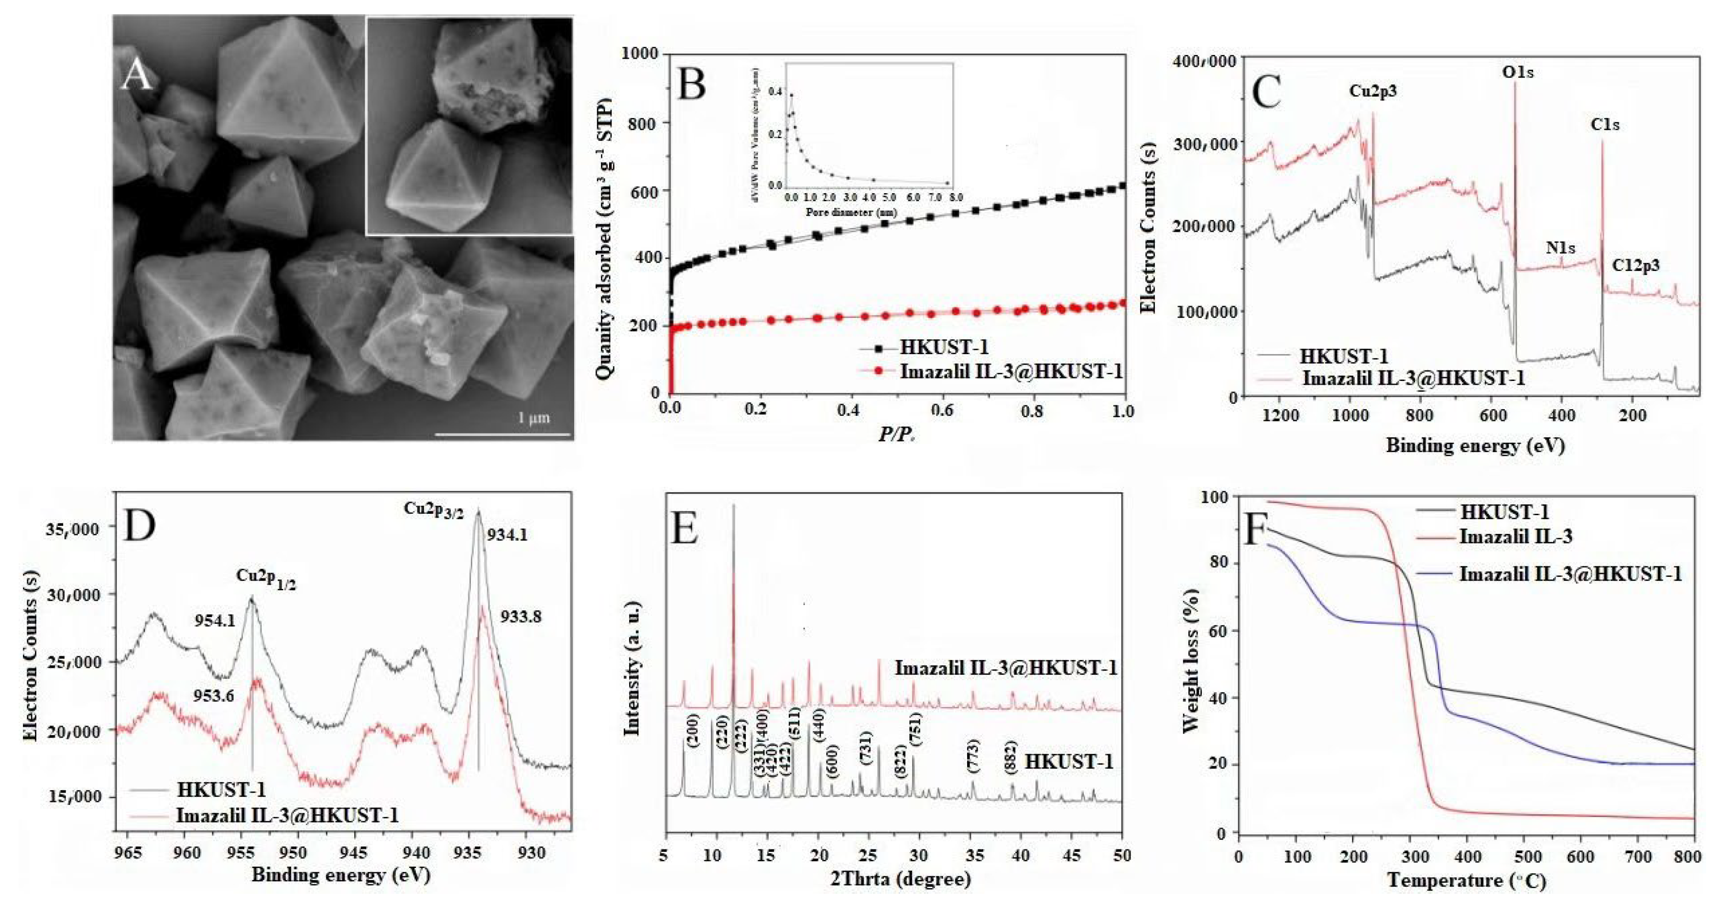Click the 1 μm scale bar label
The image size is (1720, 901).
533,418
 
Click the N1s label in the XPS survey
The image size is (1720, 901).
1560,248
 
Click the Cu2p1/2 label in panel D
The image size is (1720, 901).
266,578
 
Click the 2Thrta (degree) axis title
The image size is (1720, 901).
899,879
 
